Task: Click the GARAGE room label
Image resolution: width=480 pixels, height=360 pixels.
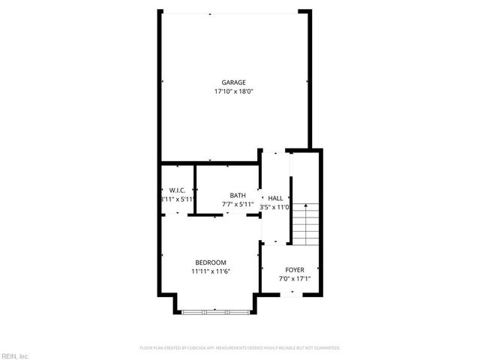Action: pyautogui.click(x=233, y=82)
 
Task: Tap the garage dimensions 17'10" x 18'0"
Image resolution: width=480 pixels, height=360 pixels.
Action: pyautogui.click(x=233, y=91)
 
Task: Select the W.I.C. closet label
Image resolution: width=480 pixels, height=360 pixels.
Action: pyautogui.click(x=178, y=190)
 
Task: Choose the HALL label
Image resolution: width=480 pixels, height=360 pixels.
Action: pyautogui.click(x=275, y=197)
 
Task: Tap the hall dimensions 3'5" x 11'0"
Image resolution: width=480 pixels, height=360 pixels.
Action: pyautogui.click(x=274, y=206)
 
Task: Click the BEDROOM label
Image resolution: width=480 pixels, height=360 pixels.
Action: pyautogui.click(x=211, y=262)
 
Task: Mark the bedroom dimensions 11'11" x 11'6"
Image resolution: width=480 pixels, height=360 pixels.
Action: pyautogui.click(x=211, y=271)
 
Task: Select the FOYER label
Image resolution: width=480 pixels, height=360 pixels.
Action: pyautogui.click(x=294, y=269)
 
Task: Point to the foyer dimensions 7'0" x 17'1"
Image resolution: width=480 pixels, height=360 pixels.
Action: pyautogui.click(x=294, y=278)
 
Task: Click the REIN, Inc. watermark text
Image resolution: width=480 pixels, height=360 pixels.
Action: pyautogui.click(x=14, y=355)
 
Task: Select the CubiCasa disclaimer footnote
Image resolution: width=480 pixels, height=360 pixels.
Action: pyautogui.click(x=240, y=347)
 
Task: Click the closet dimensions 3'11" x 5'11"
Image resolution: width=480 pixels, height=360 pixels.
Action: pyautogui.click(x=178, y=199)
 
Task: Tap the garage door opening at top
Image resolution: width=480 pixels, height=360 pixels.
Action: pyautogui.click(x=233, y=11)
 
